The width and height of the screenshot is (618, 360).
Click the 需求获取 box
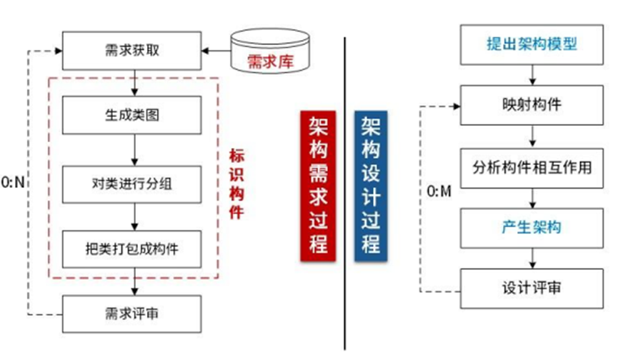tap(134, 50)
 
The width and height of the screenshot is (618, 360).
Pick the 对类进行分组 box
tap(134, 186)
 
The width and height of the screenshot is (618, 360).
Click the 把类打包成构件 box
tap(134, 250)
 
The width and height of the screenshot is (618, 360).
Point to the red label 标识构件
tap(236, 184)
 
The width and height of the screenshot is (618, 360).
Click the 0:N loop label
tap(14, 183)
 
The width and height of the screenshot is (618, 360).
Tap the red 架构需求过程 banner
tap(316, 186)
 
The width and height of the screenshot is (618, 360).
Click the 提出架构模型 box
tap(531, 44)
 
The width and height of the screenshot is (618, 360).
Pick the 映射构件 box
tap(531, 106)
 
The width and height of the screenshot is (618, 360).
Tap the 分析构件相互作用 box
tap(531, 167)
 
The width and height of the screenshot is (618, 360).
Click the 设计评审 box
tap(531, 289)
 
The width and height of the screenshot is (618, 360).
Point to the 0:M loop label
tap(439, 192)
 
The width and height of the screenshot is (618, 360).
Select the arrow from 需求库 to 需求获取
tap(216, 50)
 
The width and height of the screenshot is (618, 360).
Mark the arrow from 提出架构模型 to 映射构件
tap(531, 75)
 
